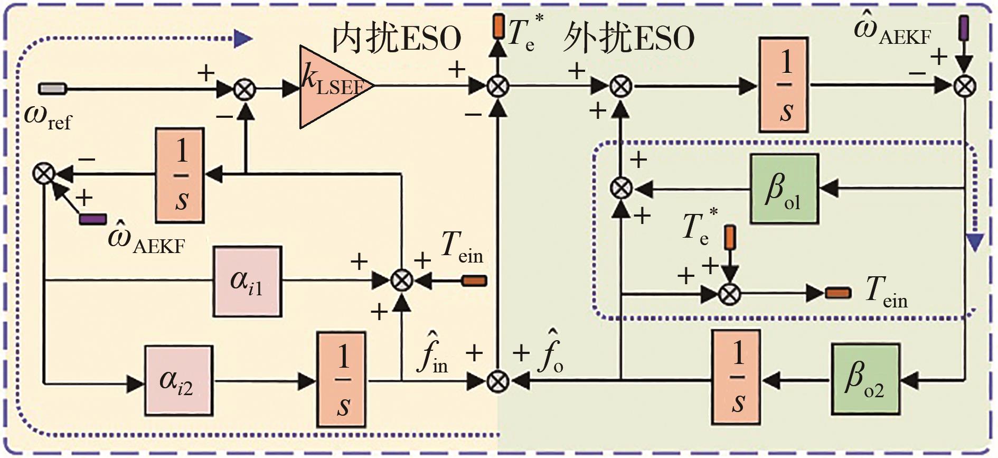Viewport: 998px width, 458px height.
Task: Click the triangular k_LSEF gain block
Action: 330,87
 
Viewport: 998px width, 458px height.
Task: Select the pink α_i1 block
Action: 247,281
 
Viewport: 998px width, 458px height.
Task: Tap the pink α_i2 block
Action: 179,380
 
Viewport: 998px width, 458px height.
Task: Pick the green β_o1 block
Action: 784,189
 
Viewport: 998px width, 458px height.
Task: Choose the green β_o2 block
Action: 865,379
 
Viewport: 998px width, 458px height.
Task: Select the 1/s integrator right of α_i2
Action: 342,379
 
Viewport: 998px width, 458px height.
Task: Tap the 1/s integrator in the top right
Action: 784,85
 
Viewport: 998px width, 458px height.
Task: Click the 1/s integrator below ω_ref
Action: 180,175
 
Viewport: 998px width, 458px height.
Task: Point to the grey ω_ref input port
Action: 52,89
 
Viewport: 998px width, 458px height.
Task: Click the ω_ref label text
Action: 48,117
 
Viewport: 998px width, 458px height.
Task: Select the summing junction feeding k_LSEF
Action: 244,89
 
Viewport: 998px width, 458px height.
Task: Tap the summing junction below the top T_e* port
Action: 497,86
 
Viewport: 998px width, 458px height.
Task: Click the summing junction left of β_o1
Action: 622,188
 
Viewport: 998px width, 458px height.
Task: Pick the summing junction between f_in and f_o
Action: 497,380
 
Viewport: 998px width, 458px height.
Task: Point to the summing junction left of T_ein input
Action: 402,281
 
